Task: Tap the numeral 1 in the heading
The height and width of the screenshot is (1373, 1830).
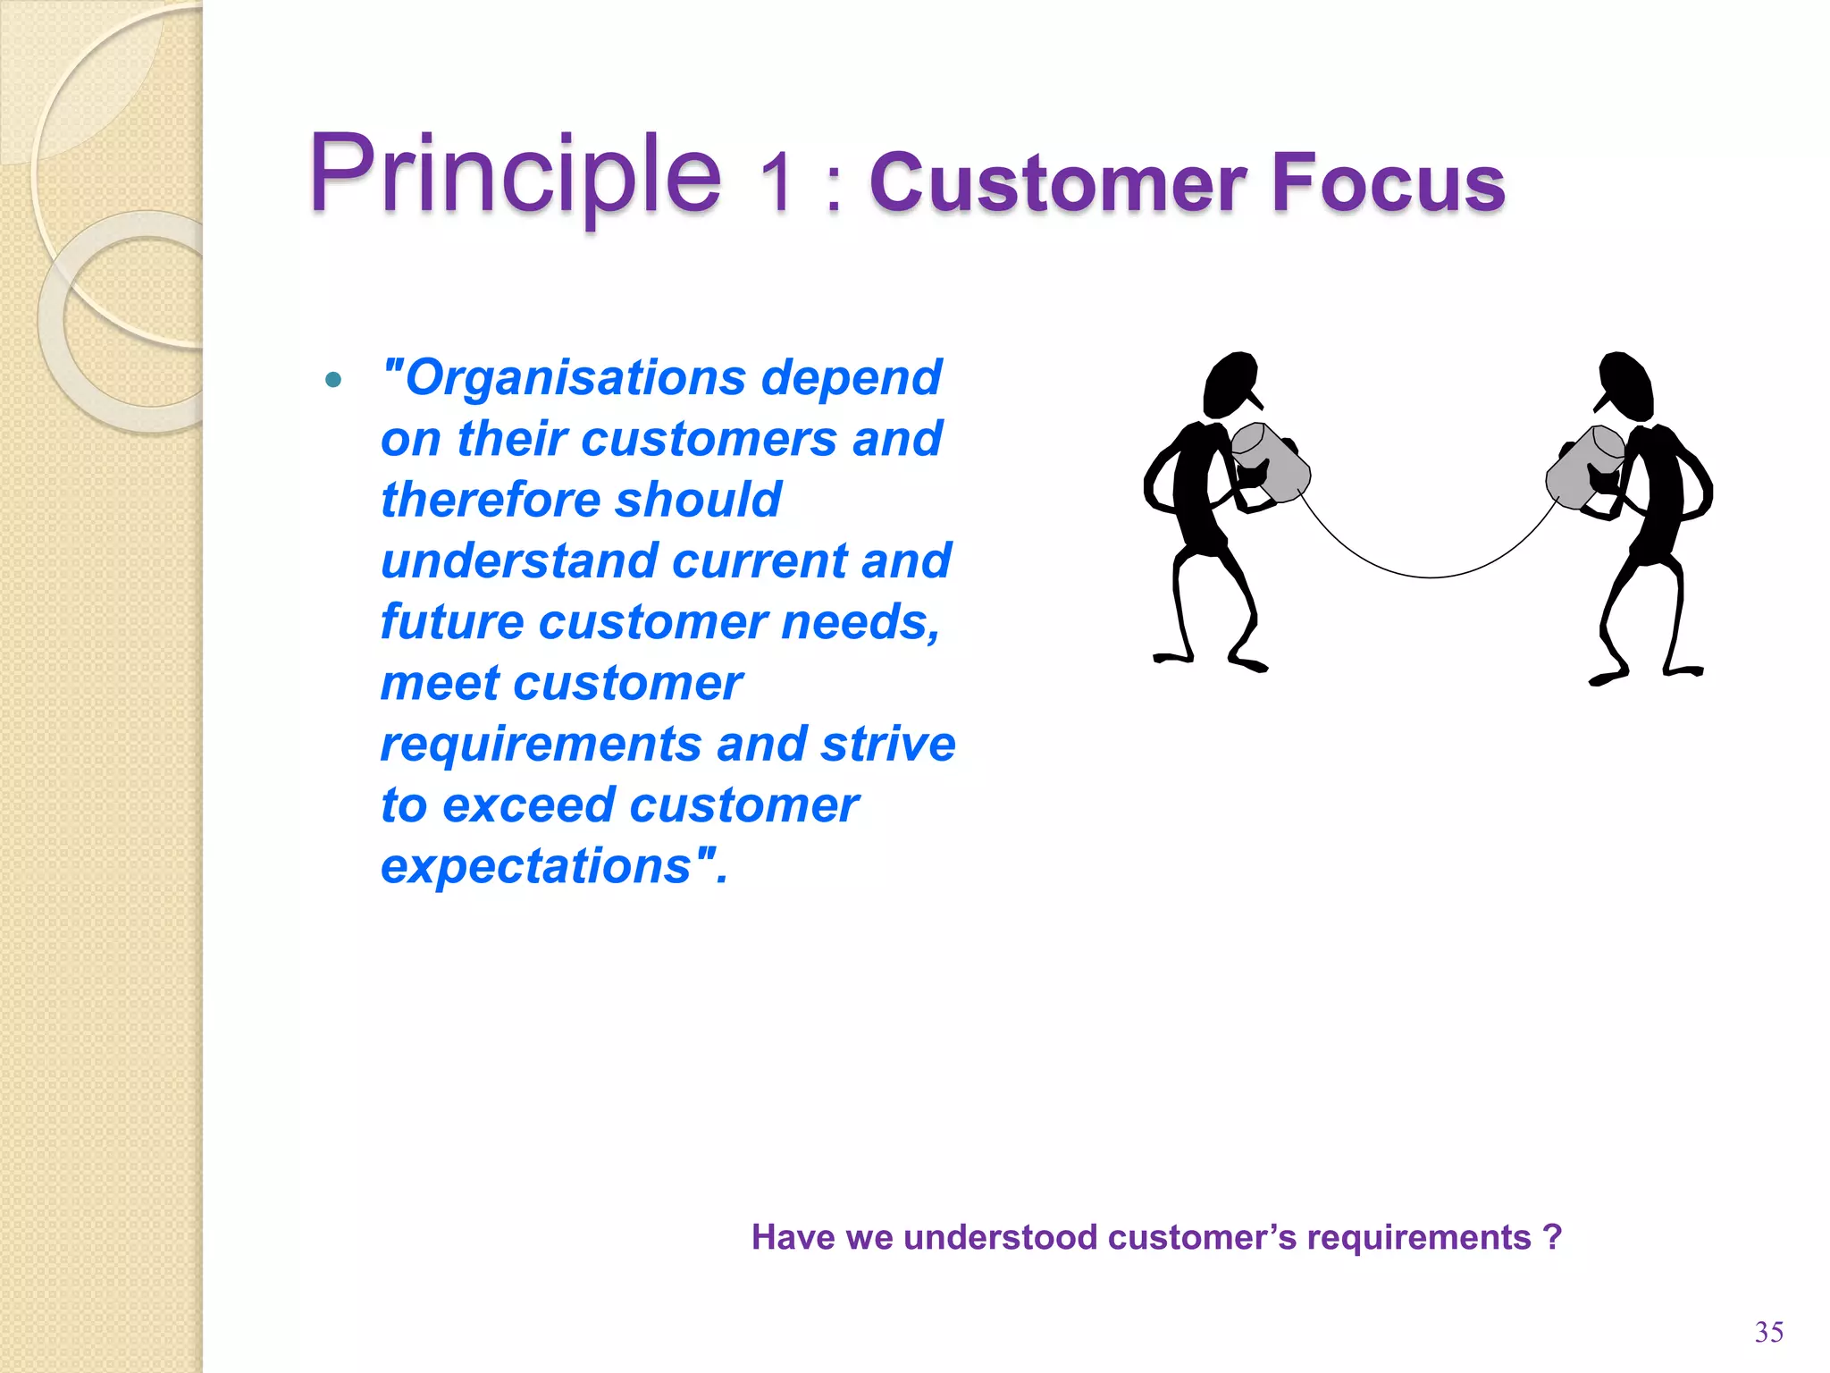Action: (x=776, y=183)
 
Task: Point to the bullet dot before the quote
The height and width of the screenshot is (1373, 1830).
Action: (x=333, y=380)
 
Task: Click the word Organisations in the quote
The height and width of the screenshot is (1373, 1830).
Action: (x=575, y=378)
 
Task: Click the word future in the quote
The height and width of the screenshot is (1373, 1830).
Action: (x=451, y=622)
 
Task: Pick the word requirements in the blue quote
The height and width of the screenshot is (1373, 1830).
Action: (x=541, y=745)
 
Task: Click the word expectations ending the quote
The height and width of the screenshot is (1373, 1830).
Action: (x=536, y=867)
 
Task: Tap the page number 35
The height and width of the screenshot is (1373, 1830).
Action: (x=1768, y=1332)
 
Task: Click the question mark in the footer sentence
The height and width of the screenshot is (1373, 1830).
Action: (x=1552, y=1238)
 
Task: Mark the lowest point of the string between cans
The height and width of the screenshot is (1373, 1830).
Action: (x=1430, y=577)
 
